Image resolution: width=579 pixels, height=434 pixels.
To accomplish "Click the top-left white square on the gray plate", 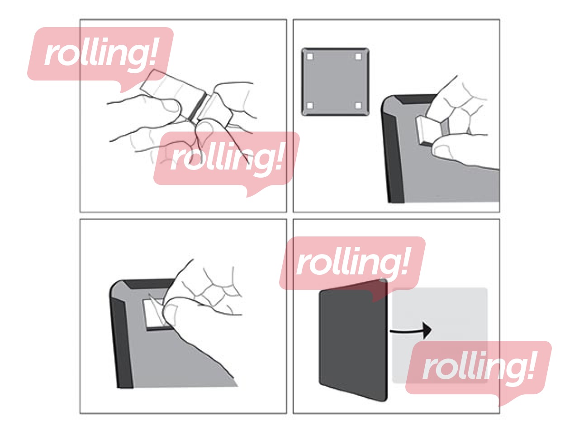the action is [310, 57].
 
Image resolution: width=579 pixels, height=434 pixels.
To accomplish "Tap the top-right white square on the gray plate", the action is [358, 57].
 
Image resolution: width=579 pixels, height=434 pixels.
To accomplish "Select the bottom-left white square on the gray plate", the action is [310, 106].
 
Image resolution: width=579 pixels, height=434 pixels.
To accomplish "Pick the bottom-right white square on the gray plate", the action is [358, 106].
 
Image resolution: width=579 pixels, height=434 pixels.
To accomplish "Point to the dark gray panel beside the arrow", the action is [353, 340].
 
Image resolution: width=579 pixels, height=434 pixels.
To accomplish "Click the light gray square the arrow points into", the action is [439, 335].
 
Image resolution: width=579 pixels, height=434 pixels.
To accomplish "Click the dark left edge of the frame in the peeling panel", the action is [122, 343].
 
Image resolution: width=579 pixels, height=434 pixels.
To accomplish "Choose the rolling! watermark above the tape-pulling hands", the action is [100, 57].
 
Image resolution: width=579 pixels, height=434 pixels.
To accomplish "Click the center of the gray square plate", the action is [335, 81].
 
